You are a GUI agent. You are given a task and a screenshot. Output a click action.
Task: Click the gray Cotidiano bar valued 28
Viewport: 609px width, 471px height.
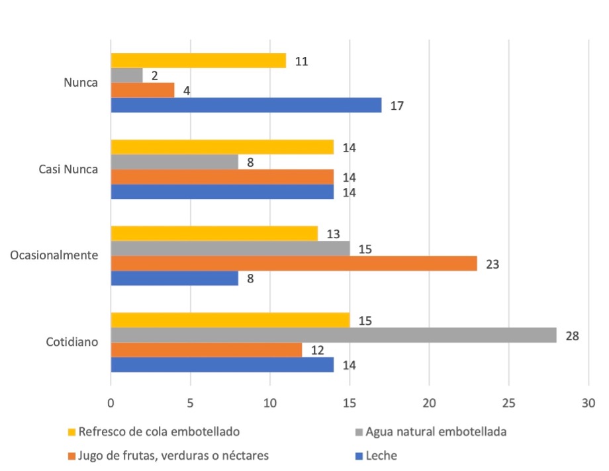[x=334, y=335]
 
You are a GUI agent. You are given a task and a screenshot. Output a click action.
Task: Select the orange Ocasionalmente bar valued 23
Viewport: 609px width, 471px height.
[x=294, y=263]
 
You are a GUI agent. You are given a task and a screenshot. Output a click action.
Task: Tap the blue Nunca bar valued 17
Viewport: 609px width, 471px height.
[x=246, y=105]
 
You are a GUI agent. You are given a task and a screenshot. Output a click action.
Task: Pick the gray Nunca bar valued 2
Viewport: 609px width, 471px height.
[x=126, y=75]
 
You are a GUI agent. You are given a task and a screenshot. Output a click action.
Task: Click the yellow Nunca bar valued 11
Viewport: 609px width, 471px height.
[x=199, y=61]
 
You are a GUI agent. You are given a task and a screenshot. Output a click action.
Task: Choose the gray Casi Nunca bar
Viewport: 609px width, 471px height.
[x=175, y=162]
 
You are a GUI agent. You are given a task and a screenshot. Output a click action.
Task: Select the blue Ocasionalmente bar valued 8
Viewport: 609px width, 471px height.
[x=175, y=278]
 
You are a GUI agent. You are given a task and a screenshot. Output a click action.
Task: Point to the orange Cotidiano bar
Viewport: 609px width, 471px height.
[x=207, y=350]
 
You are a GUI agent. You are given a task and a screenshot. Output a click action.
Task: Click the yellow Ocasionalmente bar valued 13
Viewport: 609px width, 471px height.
[x=214, y=234]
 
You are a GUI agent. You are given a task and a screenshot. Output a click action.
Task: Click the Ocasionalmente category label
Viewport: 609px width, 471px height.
[x=55, y=256]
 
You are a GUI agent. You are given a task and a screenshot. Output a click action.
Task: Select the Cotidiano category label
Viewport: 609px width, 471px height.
[x=72, y=342]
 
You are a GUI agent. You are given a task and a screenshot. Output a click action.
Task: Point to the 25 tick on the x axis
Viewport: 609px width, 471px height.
[x=508, y=402]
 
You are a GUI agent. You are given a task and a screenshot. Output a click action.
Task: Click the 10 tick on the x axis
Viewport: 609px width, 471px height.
[x=270, y=402]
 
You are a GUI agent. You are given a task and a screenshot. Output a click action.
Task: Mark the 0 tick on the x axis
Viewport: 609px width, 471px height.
[x=111, y=402]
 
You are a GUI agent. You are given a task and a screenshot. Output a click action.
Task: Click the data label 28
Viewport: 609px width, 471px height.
[x=573, y=336]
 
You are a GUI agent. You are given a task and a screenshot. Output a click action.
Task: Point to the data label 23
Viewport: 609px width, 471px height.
[x=492, y=264]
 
